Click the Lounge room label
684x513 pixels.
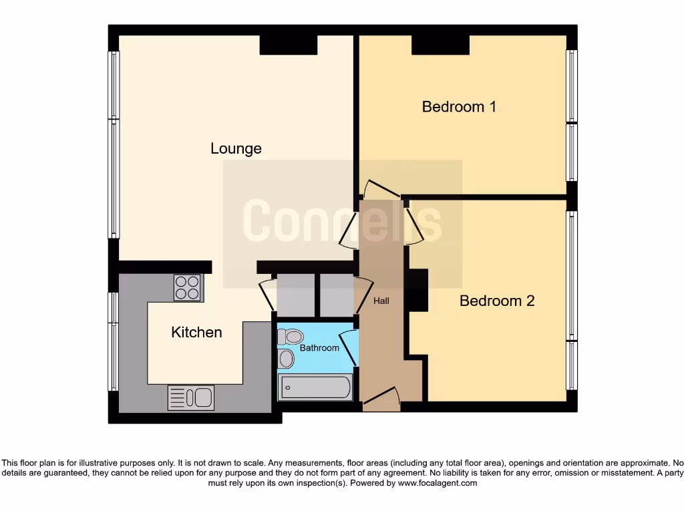(x=236, y=148)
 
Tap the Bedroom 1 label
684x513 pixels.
(x=459, y=106)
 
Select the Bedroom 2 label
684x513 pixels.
(x=497, y=301)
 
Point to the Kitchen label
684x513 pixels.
(x=196, y=332)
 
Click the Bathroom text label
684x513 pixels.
(x=319, y=348)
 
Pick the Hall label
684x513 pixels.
(x=381, y=301)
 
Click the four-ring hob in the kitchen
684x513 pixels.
(x=188, y=288)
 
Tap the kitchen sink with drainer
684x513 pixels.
(x=190, y=397)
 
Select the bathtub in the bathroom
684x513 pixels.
(x=315, y=387)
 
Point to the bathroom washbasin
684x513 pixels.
(x=286, y=359)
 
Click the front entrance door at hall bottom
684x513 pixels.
(x=381, y=398)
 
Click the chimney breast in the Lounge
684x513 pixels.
(x=288, y=45)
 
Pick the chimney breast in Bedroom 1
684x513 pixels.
(x=440, y=45)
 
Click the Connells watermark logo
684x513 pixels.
(x=342, y=221)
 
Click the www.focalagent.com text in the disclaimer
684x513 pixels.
(x=438, y=483)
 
